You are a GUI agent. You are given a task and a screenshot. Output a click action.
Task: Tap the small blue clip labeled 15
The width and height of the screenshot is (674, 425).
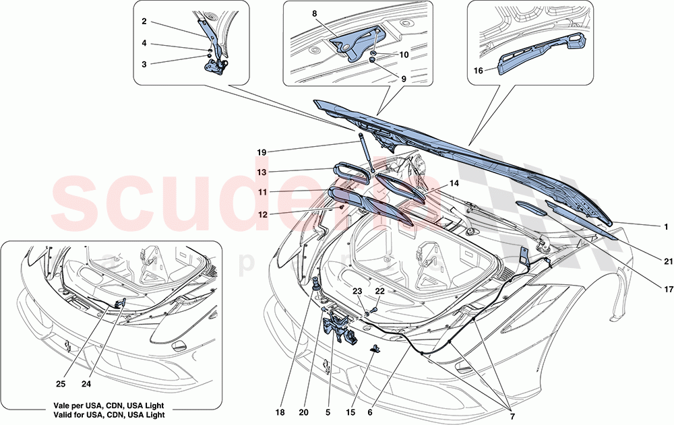(375, 349)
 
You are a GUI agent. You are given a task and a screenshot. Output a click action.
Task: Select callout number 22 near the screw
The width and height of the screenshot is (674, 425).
(380, 291)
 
